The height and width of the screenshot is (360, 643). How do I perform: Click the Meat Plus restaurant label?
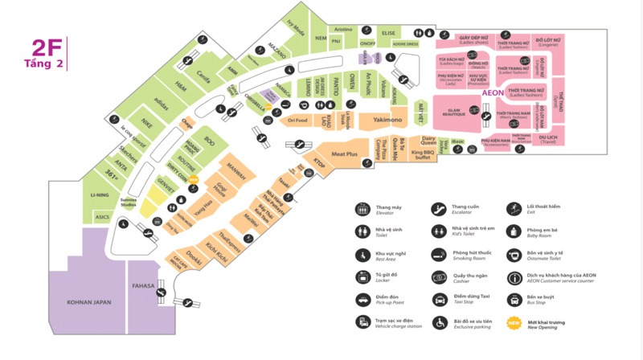click(344, 153)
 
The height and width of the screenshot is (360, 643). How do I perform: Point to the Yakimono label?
click(387, 121)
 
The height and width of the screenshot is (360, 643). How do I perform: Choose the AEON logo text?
click(492, 94)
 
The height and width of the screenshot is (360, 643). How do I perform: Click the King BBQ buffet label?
click(423, 153)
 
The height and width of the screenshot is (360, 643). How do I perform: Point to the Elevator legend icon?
click(362, 209)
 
